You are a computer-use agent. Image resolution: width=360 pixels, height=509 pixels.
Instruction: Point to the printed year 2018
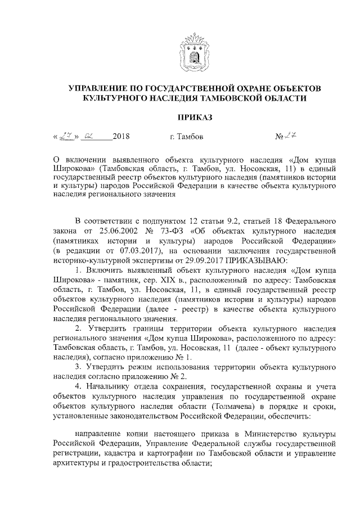coord(121,136)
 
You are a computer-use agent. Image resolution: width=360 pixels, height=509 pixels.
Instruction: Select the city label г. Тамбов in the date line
coord(186,136)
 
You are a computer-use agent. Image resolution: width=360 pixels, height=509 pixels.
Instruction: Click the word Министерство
coord(264,436)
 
